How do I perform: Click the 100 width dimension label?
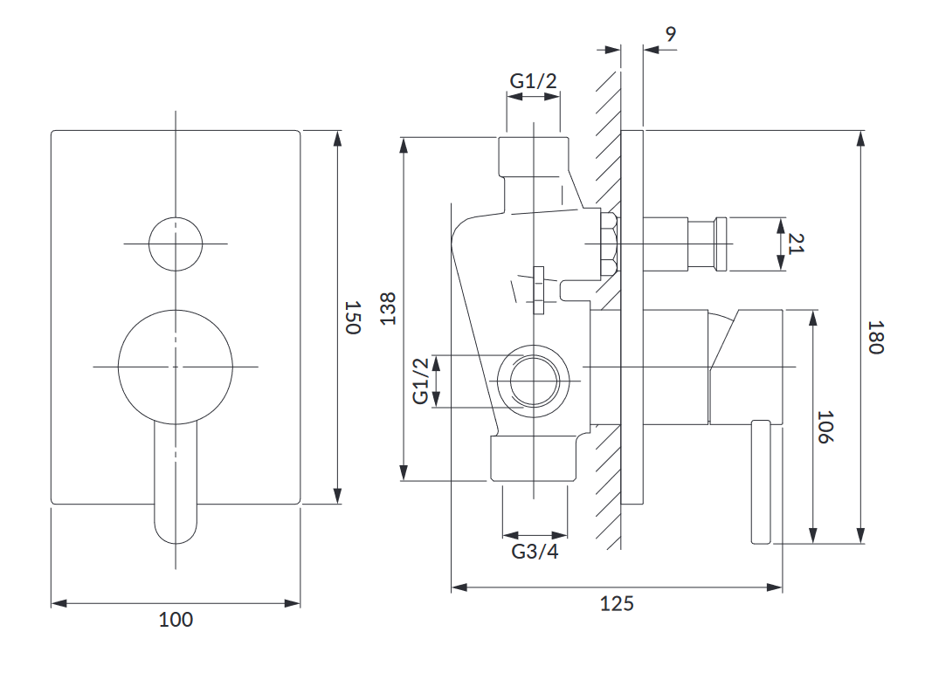(x=176, y=620)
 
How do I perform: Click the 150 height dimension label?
(x=351, y=318)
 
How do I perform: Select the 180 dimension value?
(x=877, y=337)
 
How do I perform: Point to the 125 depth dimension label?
(x=618, y=603)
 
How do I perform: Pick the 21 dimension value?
(x=796, y=243)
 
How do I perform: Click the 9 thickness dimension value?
(x=670, y=35)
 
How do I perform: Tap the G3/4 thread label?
(x=535, y=552)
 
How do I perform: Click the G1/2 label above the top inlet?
(x=533, y=81)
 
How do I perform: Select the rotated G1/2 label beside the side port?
(x=422, y=381)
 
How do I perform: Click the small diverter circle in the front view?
(x=175, y=243)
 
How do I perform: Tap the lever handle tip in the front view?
(x=176, y=528)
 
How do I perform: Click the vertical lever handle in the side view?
(x=761, y=482)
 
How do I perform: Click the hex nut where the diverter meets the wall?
(x=610, y=243)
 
